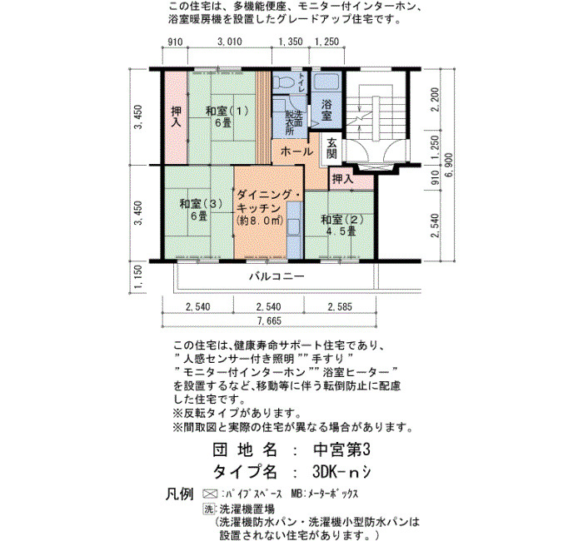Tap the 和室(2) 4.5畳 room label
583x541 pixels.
coord(341,226)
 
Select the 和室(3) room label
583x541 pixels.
coord(201,210)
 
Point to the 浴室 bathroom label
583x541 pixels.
coord(326,110)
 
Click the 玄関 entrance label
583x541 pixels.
coord(331,148)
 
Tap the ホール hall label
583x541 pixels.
coord(296,151)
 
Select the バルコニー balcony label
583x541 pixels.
coord(277,276)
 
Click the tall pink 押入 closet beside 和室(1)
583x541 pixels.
coord(176,117)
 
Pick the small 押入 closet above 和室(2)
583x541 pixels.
coord(351,179)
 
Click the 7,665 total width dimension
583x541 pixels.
coord(269,320)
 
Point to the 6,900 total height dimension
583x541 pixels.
coord(448,165)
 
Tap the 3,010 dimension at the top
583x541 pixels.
coord(229,42)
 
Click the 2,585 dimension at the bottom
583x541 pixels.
coord(340,307)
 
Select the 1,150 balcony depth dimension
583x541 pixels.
coord(137,277)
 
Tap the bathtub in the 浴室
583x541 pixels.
coord(326,82)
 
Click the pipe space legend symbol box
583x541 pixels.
coord(210,494)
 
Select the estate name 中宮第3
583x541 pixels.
coord(341,450)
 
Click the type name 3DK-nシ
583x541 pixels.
coord(341,472)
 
